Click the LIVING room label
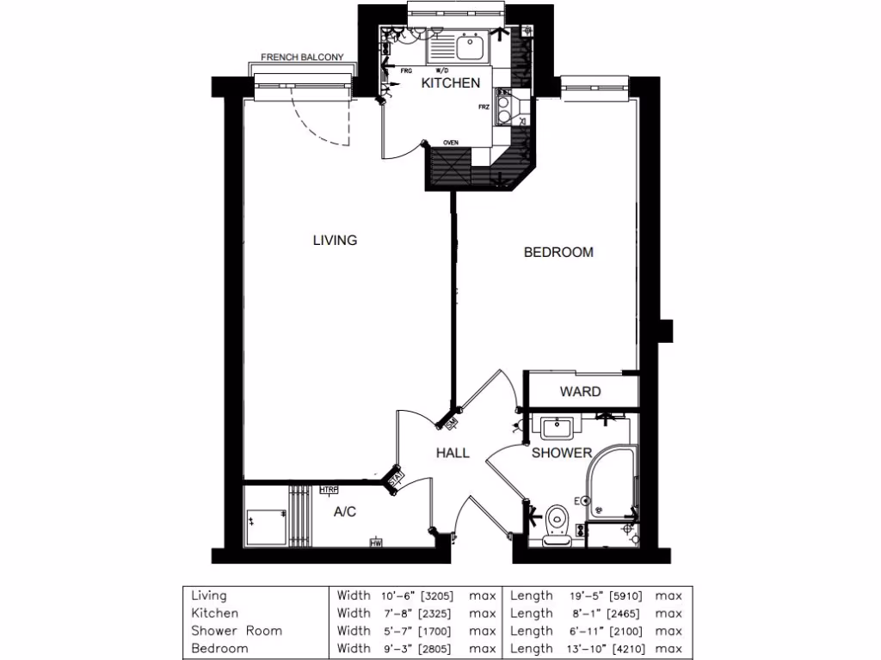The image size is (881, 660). point(335,241)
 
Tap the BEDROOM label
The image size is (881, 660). point(558,253)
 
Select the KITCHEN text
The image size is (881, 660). point(450,83)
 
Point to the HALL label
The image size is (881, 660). point(453,453)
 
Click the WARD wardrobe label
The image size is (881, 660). point(580,392)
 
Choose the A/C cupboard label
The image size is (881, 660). point(344,512)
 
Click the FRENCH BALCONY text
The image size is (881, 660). point(302,58)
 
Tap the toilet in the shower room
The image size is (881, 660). point(557,519)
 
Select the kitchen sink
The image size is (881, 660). point(471,46)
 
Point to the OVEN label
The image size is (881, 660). point(450,143)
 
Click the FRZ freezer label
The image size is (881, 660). point(484,107)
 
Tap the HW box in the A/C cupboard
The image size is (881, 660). point(376,542)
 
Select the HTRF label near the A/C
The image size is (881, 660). point(329,491)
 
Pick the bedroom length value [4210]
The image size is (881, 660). point(628,649)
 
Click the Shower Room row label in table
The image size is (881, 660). point(236,631)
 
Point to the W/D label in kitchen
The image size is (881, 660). point(441,70)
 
